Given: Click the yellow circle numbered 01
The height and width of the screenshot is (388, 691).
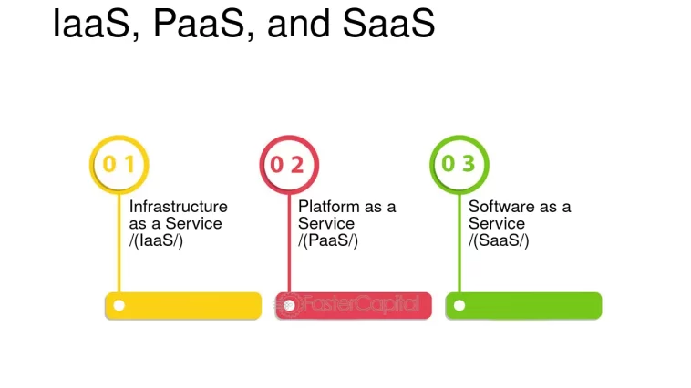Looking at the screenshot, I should coord(119,165).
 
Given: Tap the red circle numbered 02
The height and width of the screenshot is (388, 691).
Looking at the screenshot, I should coord(288,165).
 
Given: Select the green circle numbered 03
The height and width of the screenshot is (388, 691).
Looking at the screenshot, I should coord(459,165).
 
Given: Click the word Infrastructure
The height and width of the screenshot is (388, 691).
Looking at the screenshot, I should coord(179,207).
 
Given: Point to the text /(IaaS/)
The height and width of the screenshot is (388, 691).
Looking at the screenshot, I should coord(156,240).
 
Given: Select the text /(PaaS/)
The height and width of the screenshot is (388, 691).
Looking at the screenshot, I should coord(328,240).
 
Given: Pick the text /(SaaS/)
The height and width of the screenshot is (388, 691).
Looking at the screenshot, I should coord(499,240).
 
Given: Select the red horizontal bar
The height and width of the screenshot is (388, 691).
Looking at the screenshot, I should coord(354,305).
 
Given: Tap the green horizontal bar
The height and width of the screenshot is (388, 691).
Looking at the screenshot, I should coord(524,305).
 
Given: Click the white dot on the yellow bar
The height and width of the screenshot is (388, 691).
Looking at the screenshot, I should coord(119,305).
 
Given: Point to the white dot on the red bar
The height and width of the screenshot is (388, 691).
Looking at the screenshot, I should coord(289,305).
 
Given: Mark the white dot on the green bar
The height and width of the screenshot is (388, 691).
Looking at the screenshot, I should coord(459,305).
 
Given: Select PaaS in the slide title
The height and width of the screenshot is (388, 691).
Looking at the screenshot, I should coord(202,24).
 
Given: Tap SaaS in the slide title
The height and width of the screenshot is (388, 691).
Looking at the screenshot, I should coord(388,24).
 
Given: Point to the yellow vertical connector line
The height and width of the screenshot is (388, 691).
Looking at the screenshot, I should coord(119,246).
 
